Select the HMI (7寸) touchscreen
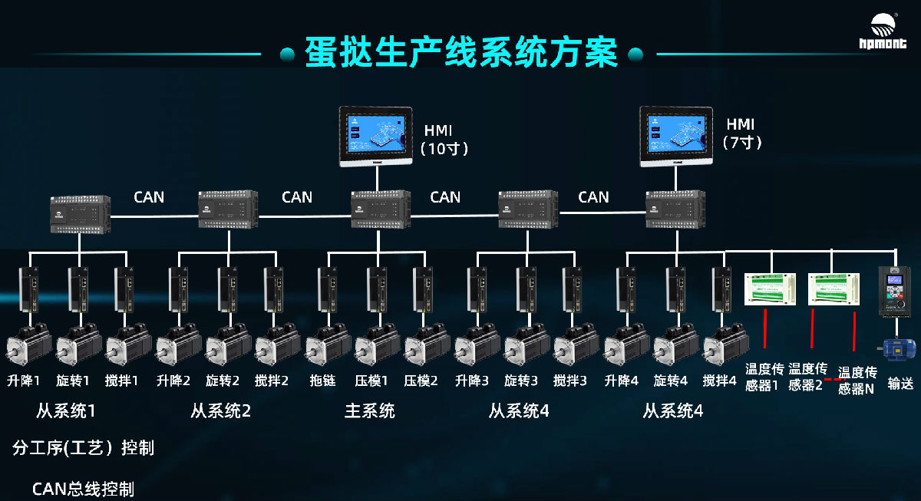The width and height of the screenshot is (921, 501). (x=677, y=137)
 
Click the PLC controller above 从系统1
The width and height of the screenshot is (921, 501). (x=79, y=213)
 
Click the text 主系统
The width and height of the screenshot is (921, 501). (x=369, y=411)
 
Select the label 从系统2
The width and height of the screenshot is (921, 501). (x=220, y=411)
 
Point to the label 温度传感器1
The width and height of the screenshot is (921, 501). (x=762, y=377)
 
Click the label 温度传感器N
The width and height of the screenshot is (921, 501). (x=857, y=381)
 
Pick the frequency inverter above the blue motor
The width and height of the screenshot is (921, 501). (x=893, y=291)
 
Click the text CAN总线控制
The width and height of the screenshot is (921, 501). (x=83, y=489)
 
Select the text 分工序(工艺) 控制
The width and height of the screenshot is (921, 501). (x=83, y=448)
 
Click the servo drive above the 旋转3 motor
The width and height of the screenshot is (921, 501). (x=526, y=289)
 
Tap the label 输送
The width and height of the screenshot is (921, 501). (x=900, y=384)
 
